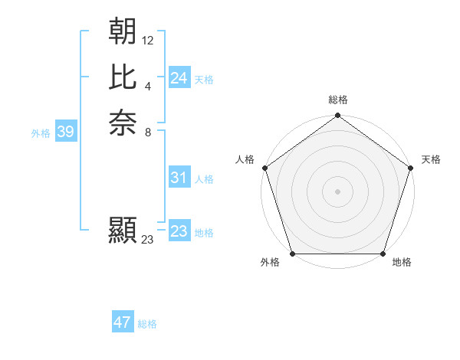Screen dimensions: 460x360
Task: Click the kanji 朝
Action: click(123, 31)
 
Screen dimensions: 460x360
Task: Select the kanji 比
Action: click(123, 77)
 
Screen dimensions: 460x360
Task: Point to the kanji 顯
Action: click(123, 231)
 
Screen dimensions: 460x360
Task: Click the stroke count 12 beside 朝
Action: click(148, 40)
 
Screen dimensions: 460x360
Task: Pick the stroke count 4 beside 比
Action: click(148, 85)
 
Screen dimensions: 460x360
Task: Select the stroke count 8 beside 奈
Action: click(148, 131)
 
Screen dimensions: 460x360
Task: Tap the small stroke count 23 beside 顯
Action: click(148, 240)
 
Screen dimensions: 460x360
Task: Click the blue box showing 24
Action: click(179, 78)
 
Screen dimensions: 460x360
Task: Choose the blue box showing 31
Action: click(179, 178)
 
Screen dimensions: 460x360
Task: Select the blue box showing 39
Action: click(65, 132)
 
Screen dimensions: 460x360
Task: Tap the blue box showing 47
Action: click(123, 322)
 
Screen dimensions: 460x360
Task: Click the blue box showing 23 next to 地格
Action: click(179, 231)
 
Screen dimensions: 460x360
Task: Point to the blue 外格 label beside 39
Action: click(41, 133)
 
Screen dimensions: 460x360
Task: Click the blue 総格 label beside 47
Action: click(147, 324)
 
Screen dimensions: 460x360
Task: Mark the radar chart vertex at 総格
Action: click(337, 116)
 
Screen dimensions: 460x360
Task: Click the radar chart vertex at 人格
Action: click(264, 168)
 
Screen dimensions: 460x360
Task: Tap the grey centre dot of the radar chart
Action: click(337, 191)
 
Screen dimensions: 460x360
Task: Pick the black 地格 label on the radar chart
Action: click(402, 263)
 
